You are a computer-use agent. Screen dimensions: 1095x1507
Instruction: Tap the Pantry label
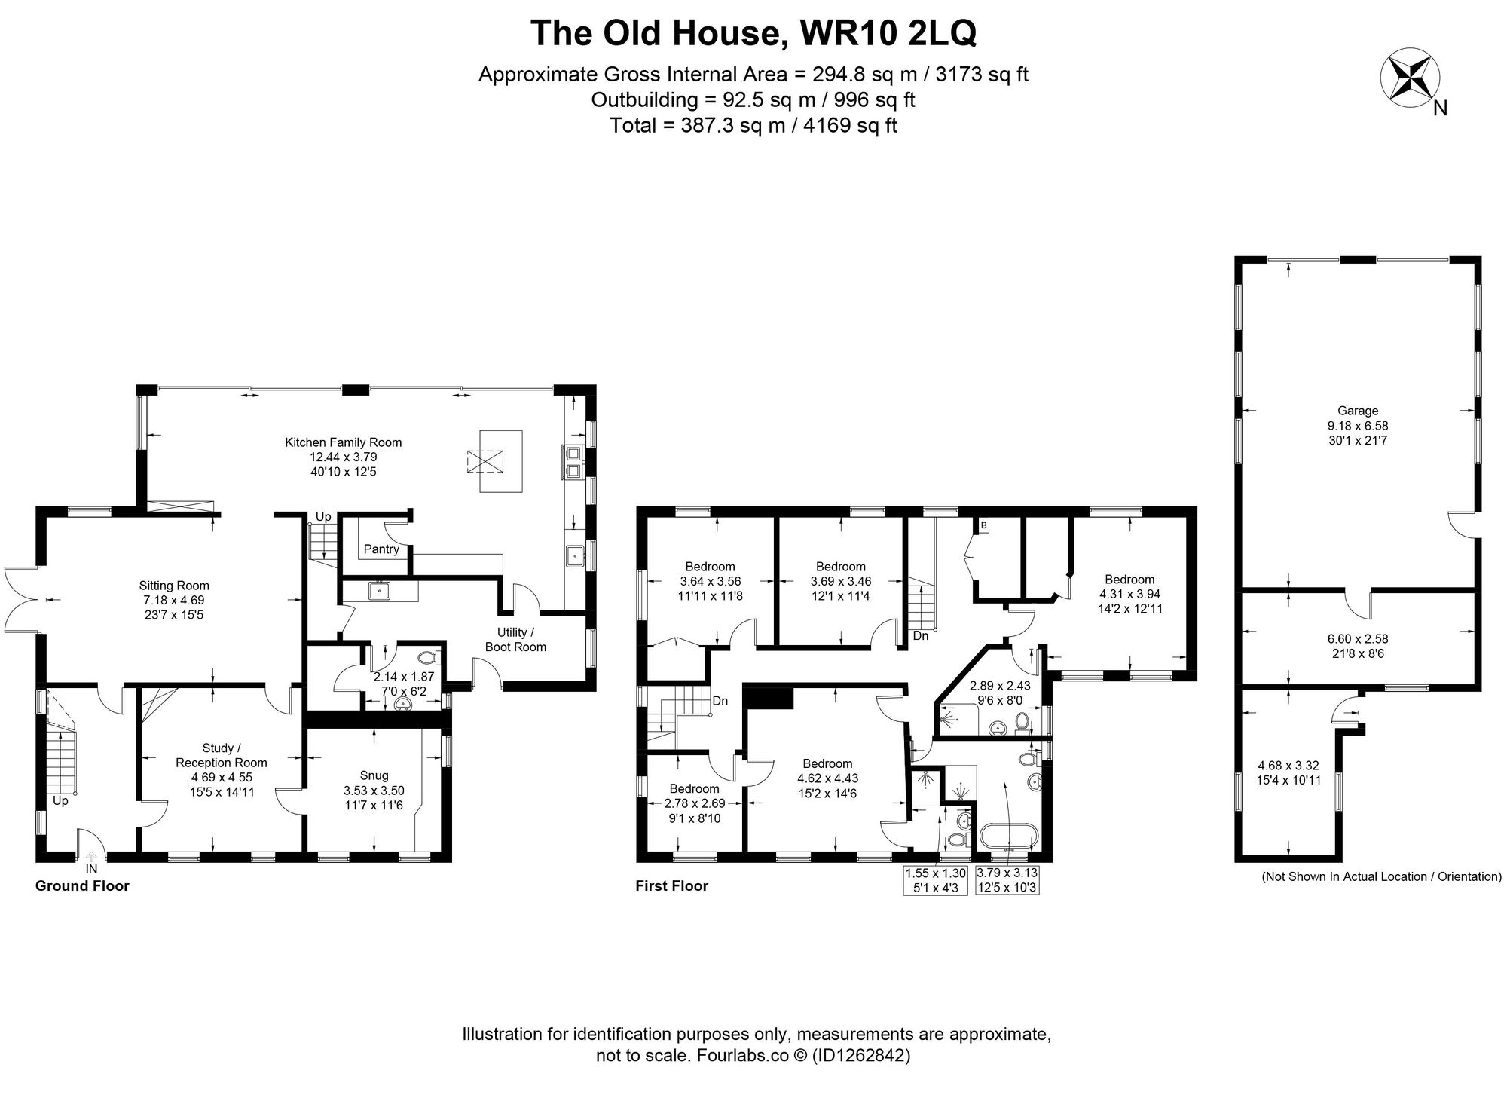click(x=381, y=549)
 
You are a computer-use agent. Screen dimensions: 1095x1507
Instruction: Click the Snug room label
click(x=374, y=775)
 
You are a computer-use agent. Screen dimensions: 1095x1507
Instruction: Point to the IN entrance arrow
click(x=92, y=859)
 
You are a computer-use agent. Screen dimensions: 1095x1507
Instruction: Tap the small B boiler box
click(x=983, y=525)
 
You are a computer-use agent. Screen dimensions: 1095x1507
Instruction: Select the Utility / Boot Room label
click(x=515, y=639)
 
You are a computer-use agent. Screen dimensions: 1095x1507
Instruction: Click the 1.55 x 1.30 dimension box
click(x=935, y=880)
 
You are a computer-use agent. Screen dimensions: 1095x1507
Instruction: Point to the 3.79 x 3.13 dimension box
click(x=1007, y=880)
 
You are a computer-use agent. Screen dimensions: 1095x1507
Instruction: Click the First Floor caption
click(x=671, y=885)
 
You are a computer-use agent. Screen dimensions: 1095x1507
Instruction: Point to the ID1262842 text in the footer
click(x=860, y=1056)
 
